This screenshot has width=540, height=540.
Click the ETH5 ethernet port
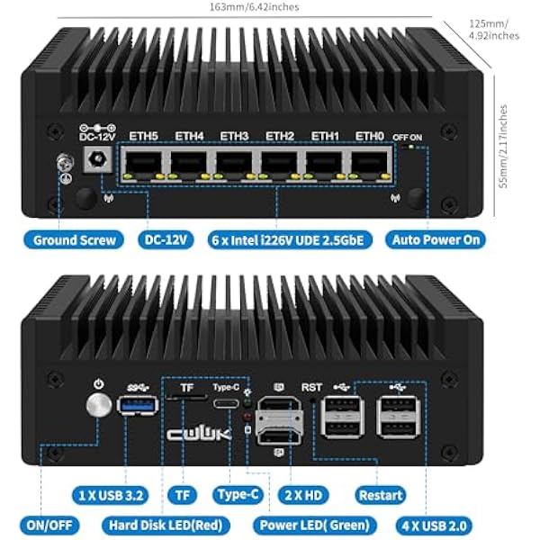coord(144,164)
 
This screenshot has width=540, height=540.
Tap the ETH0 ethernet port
coord(370,164)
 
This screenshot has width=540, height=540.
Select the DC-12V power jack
coord(98,159)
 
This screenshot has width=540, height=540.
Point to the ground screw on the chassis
coord(65,163)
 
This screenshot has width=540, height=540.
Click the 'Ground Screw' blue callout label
coord(74,239)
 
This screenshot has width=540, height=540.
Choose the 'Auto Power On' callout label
coord(436,239)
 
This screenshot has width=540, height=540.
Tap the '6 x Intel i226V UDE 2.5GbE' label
coord(290,240)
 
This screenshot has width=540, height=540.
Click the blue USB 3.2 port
coord(138,405)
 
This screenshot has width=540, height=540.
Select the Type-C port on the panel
coord(226,403)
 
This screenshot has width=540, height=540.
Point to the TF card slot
coord(186,398)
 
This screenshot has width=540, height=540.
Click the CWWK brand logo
coord(199,435)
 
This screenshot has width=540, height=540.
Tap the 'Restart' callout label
coord(381,495)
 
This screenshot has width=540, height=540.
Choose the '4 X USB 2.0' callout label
coord(435,526)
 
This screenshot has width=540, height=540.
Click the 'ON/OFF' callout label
coord(49,526)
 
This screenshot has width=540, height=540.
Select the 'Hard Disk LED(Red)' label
coord(166,526)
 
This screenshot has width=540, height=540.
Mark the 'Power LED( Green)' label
coord(315,526)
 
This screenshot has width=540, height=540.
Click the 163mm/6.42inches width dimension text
coord(254,7)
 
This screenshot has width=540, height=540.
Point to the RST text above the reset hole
coord(312,387)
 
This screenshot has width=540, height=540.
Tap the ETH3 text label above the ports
coord(234,136)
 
